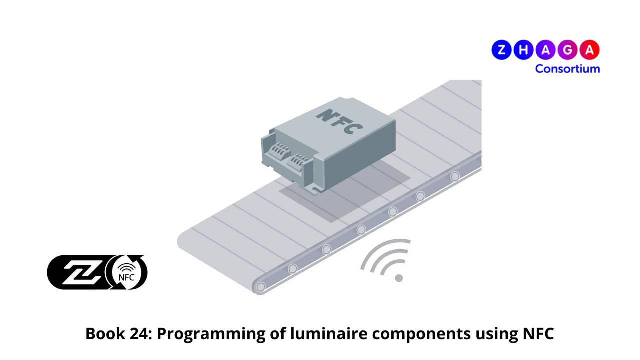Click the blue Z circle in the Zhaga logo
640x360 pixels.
[501, 50]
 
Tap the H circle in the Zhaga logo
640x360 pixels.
[523, 50]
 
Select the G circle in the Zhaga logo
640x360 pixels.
[567, 50]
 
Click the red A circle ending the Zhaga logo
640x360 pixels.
[589, 50]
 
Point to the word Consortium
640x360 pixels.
[567, 69]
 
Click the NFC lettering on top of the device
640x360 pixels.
[339, 121]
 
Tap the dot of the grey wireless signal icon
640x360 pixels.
[399, 278]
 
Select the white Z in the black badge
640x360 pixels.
[81, 273]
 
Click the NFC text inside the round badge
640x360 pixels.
[126, 277]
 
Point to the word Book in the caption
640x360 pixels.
[105, 333]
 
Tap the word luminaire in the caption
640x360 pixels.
[329, 333]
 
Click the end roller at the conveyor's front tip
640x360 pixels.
[261, 287]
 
